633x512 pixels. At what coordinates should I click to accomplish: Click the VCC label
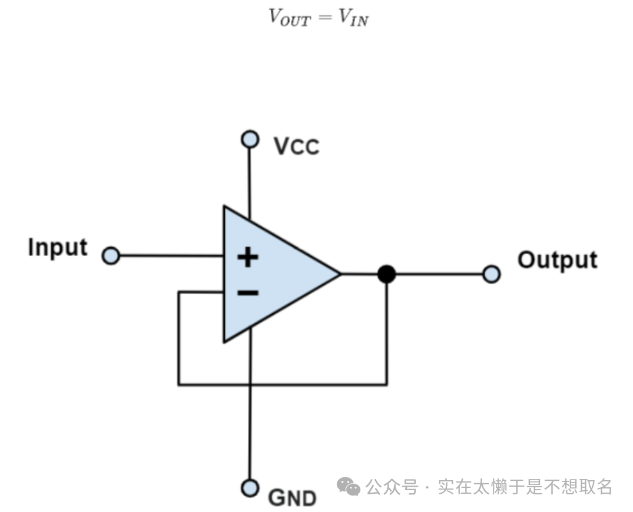(x=296, y=146)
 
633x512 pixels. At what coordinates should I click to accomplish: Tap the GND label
(x=292, y=498)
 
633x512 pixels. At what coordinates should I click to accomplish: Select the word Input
(x=58, y=248)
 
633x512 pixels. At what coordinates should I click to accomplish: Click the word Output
(x=557, y=260)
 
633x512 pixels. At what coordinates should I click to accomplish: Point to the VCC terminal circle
(x=250, y=139)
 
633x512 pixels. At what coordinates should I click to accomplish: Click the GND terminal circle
(x=250, y=488)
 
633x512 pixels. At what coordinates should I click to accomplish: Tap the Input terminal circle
(x=111, y=256)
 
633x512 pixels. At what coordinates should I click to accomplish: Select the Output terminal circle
(x=491, y=274)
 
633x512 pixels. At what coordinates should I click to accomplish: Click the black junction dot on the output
(x=386, y=274)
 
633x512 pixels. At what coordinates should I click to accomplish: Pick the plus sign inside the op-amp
(x=248, y=257)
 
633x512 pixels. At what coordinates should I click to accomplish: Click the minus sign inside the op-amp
(x=248, y=292)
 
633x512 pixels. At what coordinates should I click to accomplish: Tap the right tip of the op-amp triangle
(x=339, y=274)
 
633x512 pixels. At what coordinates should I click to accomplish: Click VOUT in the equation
(x=289, y=16)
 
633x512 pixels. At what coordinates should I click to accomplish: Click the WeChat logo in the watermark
(x=349, y=487)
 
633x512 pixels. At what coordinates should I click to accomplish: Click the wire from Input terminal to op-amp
(x=171, y=256)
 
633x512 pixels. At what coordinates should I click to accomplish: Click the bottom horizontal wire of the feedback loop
(x=283, y=385)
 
